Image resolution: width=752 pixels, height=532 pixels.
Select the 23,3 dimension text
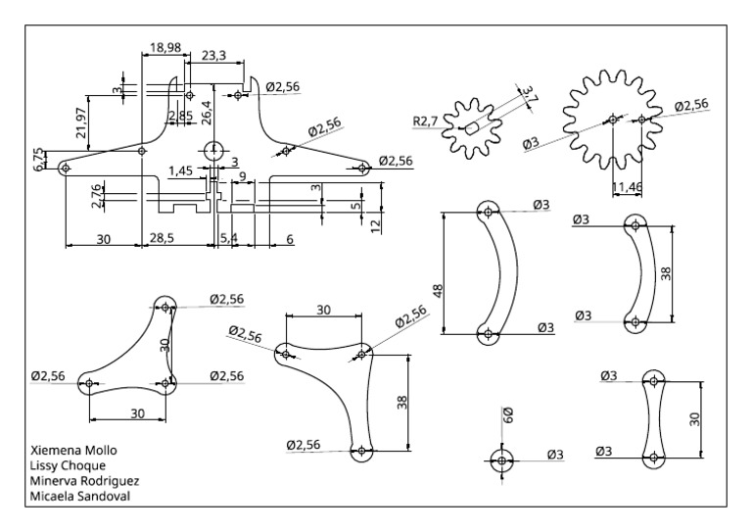click(x=213, y=57)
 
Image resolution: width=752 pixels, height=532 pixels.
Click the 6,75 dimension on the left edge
click(x=38, y=160)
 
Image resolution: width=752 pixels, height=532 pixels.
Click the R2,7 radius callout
click(x=425, y=121)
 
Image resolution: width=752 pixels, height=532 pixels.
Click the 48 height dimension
click(x=439, y=291)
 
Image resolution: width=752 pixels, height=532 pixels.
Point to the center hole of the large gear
click(x=611, y=120)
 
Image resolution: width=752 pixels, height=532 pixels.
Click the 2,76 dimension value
click(x=96, y=196)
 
